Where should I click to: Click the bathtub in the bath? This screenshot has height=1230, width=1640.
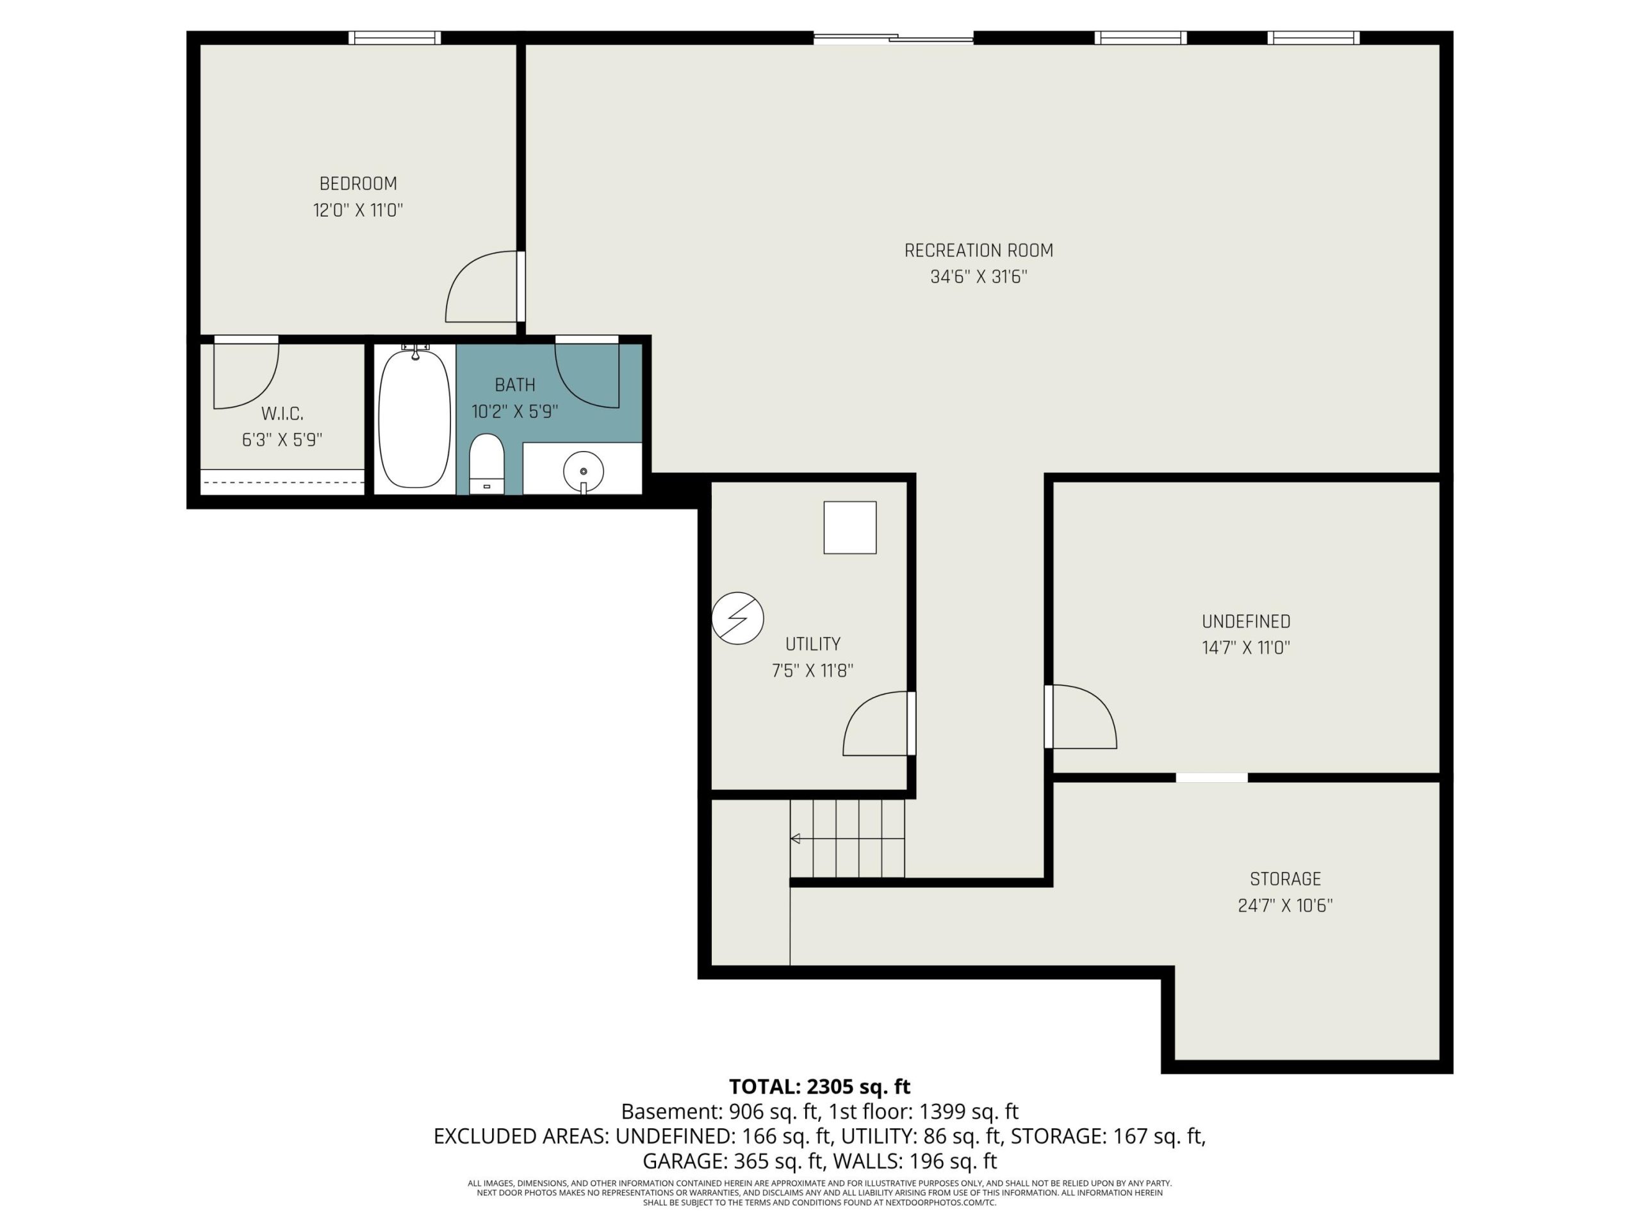(414, 418)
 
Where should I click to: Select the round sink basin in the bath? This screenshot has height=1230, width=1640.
(584, 471)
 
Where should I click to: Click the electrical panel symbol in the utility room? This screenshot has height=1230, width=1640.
(738, 618)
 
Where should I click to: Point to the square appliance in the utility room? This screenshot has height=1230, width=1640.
(849, 528)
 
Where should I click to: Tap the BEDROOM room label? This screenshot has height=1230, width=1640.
(358, 183)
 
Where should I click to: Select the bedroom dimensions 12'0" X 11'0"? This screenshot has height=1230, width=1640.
(358, 210)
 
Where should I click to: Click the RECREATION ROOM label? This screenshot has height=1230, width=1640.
(979, 250)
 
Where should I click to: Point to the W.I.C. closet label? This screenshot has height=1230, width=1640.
(283, 414)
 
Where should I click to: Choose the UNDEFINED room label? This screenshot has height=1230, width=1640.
(1246, 621)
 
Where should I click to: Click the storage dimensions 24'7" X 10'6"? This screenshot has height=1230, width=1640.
(1285, 905)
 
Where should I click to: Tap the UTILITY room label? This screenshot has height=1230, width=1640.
(812, 644)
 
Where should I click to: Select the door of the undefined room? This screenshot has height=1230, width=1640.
(1080, 716)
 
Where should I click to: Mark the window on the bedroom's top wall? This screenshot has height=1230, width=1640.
(395, 38)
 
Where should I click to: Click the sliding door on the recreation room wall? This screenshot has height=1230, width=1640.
(894, 38)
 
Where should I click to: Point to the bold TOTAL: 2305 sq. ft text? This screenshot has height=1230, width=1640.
(819, 1086)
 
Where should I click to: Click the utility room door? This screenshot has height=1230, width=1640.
(878, 724)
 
